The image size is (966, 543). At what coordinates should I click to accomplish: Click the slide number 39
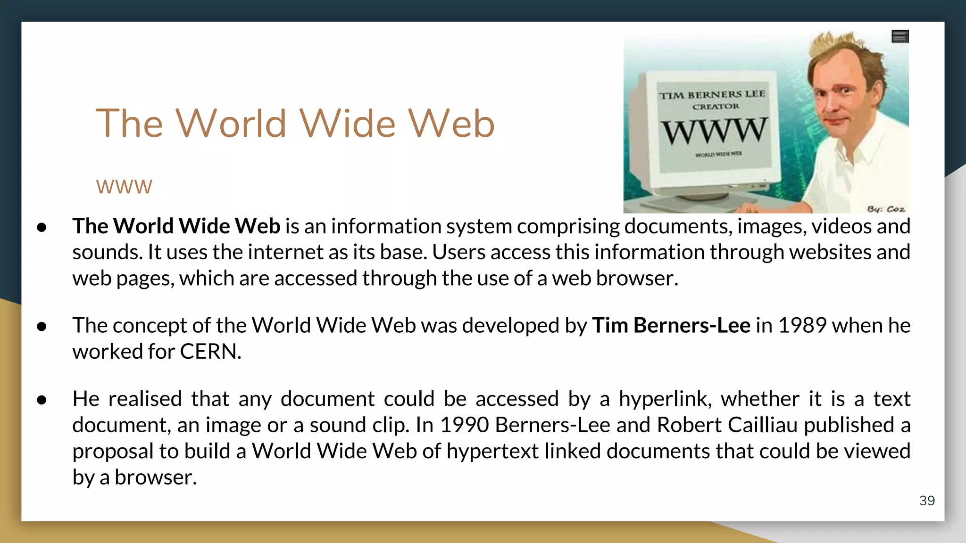927,501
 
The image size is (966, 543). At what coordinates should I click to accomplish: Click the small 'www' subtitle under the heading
124,187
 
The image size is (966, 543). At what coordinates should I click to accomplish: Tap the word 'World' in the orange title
231,123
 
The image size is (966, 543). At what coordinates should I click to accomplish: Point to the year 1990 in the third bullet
464,425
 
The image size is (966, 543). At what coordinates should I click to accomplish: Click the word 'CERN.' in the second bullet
210,352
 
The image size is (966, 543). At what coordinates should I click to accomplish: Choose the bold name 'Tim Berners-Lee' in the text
671,325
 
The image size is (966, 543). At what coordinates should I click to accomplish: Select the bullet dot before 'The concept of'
42,326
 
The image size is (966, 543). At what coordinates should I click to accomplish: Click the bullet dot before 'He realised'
42,400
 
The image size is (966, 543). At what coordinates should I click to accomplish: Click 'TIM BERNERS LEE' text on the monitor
712,95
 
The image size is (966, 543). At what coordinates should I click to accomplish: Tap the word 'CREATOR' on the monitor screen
716,107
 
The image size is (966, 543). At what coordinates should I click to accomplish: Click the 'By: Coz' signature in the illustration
886,209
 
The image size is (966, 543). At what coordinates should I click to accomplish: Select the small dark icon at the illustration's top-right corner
900,36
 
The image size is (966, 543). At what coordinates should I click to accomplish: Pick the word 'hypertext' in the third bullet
492,452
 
